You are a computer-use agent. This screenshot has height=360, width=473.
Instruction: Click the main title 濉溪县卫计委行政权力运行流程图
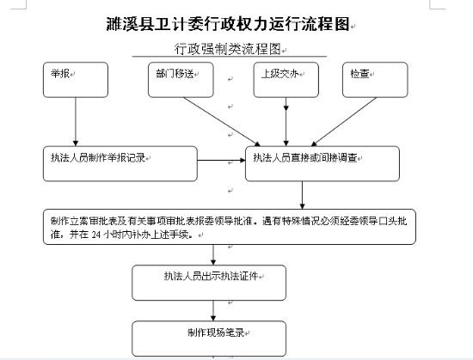(x=228, y=24)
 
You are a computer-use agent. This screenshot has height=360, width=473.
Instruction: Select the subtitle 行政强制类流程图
(x=228, y=49)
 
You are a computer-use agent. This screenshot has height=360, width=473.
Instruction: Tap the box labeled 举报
(x=76, y=80)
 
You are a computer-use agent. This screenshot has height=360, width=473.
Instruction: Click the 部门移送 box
(x=181, y=80)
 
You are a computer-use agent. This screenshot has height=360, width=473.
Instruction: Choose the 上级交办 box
(x=286, y=80)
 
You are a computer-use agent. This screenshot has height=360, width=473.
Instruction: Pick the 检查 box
(x=375, y=80)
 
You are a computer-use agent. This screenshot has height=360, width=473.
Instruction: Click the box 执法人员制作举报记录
(x=120, y=163)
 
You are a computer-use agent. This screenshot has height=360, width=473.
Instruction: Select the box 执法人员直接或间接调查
(x=322, y=163)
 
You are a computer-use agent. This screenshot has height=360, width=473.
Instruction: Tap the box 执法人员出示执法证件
(x=209, y=283)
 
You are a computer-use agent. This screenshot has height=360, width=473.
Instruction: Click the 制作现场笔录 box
(x=209, y=339)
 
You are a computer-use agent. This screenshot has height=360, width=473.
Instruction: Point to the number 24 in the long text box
(x=95, y=235)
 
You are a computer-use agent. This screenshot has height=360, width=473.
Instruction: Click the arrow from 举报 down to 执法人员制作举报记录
(x=76, y=122)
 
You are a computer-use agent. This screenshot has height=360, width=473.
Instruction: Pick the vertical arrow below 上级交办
(x=286, y=122)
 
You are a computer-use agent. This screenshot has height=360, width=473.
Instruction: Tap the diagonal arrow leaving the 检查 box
(x=344, y=122)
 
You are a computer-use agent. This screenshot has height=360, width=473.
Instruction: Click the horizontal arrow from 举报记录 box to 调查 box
(x=221, y=161)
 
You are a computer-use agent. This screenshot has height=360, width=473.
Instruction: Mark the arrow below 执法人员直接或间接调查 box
(x=302, y=195)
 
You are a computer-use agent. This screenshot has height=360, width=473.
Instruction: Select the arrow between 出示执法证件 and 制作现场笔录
(x=213, y=310)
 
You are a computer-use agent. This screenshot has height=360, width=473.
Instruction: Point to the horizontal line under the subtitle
(x=230, y=57)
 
